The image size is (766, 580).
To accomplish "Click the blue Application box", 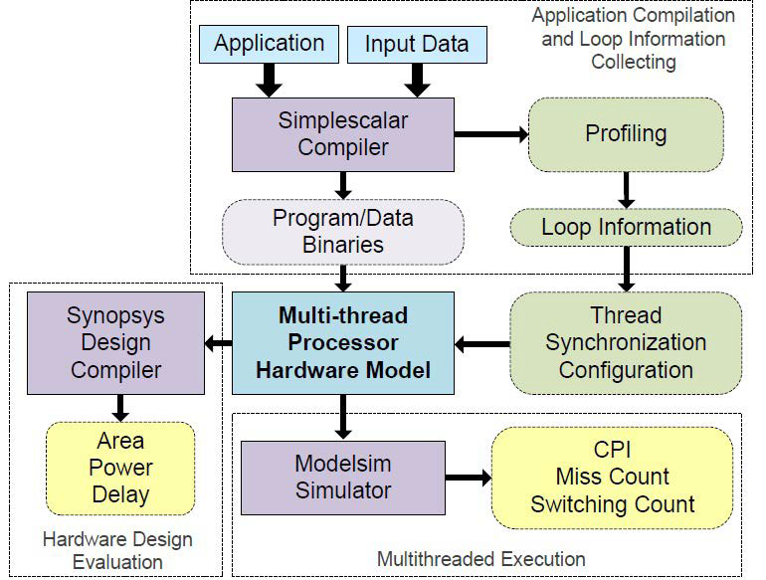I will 269,44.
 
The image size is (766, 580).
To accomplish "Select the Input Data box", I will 417,45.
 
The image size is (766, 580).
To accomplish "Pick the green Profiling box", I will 626,132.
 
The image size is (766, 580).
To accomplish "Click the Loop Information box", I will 626,227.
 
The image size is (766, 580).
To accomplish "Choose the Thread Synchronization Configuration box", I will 626,343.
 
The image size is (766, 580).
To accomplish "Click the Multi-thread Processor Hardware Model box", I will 342,343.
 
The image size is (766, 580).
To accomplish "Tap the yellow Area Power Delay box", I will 120,468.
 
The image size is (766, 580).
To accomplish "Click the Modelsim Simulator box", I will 344,477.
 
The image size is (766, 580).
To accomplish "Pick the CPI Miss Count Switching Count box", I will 612,477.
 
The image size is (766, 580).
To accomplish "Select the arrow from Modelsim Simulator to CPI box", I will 469,477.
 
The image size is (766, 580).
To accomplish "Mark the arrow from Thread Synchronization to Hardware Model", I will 481,344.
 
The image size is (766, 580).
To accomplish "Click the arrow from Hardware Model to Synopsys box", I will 219,344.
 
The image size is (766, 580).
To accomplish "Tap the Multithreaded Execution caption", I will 481,559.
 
